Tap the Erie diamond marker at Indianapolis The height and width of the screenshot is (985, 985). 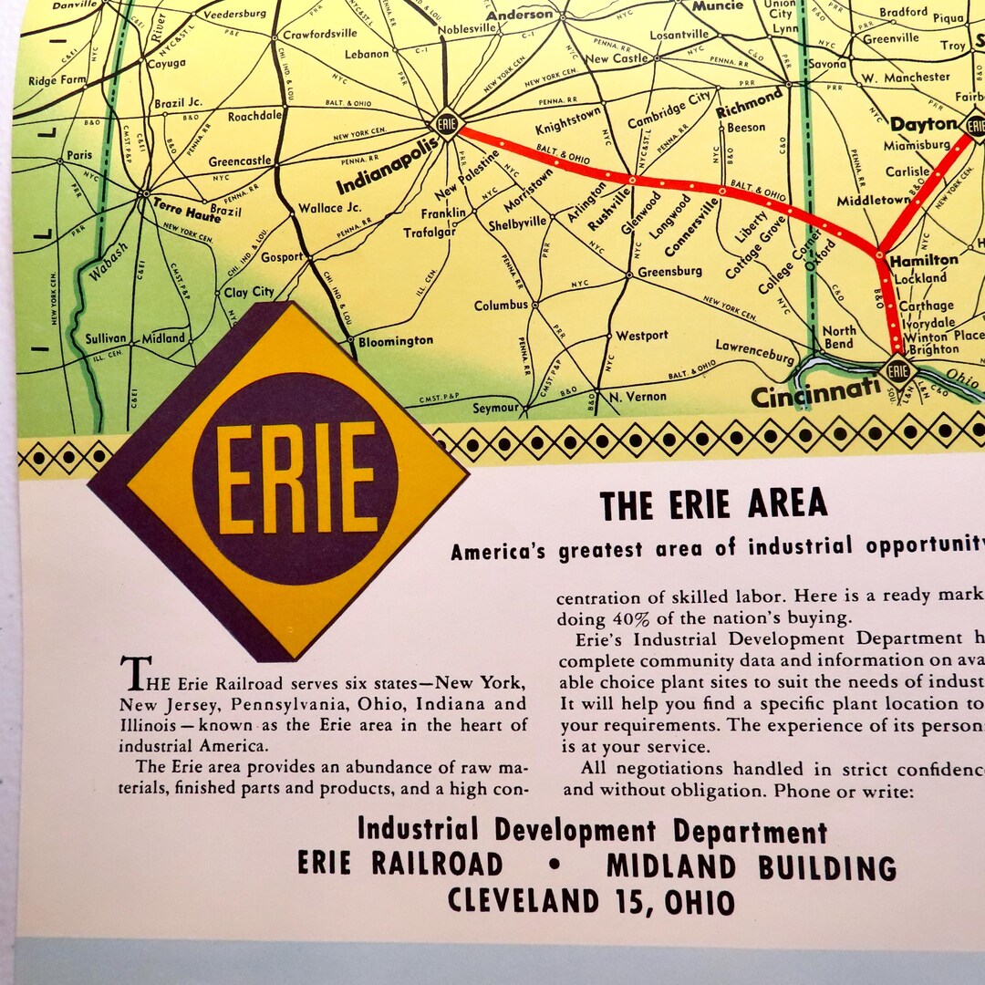pyautogui.click(x=446, y=122)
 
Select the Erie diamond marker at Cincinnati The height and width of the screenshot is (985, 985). pyautogui.click(x=898, y=370)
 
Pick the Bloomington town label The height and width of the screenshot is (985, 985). pyautogui.click(x=395, y=340)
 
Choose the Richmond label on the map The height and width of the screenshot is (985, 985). pyautogui.click(x=749, y=102)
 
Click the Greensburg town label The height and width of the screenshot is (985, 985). pyautogui.click(x=669, y=271)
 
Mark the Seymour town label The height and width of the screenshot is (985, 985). pyautogui.click(x=495, y=408)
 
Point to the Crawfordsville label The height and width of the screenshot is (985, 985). pyautogui.click(x=319, y=34)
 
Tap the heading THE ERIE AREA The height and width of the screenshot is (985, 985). pyautogui.click(x=713, y=503)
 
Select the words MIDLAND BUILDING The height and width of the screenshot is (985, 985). pyautogui.click(x=751, y=866)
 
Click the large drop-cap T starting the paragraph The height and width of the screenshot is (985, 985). pyautogui.click(x=134, y=675)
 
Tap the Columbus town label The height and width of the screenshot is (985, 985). pyautogui.click(x=501, y=306)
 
